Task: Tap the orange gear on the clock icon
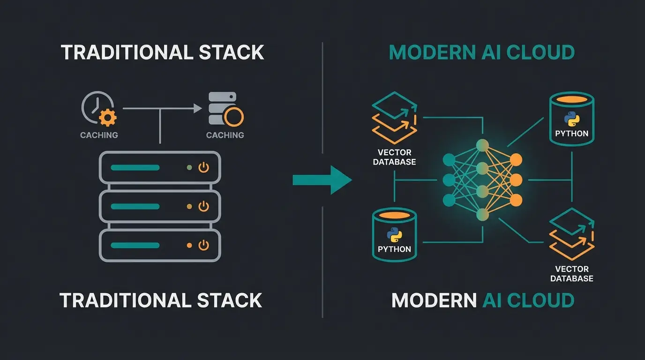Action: (x=108, y=117)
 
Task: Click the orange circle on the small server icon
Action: (x=233, y=117)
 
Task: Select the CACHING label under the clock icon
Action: (x=99, y=135)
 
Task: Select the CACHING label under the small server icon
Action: (x=225, y=135)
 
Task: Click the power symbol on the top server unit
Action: (x=203, y=167)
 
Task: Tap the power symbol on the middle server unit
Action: (x=203, y=206)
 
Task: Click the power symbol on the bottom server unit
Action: (x=203, y=245)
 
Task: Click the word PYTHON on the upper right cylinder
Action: (x=571, y=134)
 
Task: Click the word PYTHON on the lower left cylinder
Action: (x=394, y=249)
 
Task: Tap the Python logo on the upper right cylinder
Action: (x=571, y=119)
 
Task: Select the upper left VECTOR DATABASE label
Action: (x=394, y=157)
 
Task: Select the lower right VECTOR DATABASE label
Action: (x=571, y=274)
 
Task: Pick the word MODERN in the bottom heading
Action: (x=434, y=300)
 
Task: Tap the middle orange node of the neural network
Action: (x=516, y=180)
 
